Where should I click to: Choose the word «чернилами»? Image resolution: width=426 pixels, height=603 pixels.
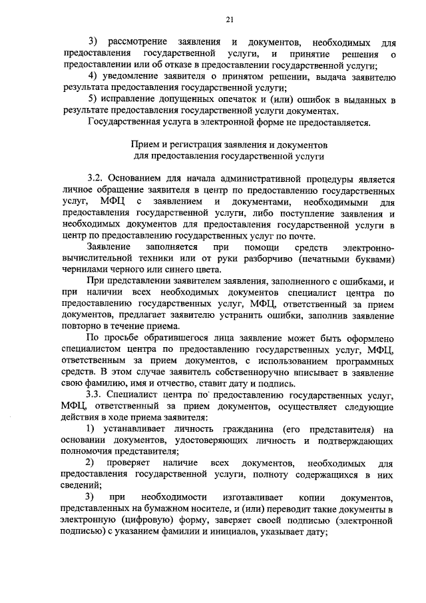click(x=82, y=269)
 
